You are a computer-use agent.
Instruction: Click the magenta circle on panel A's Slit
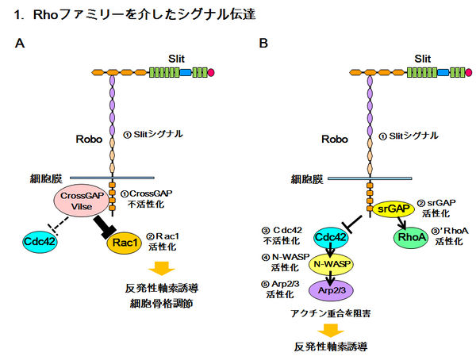210,73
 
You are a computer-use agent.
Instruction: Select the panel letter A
20,42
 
